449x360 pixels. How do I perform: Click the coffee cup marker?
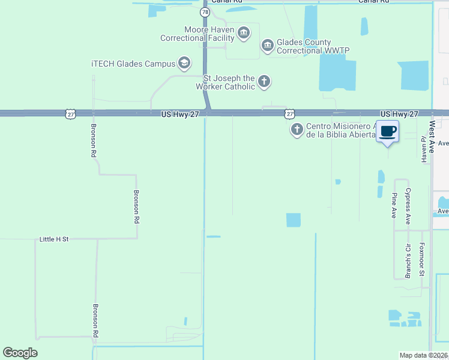click(x=388, y=131)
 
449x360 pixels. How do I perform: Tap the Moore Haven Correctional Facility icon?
click(x=243, y=32)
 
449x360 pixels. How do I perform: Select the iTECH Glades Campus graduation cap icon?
click(x=184, y=63)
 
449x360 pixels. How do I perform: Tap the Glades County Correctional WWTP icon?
click(x=267, y=45)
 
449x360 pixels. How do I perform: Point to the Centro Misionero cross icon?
click(x=296, y=130)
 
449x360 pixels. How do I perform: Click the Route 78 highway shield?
click(x=205, y=12)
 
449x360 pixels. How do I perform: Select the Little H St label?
click(x=54, y=239)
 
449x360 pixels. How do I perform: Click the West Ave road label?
click(x=432, y=136)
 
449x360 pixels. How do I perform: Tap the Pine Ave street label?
click(x=394, y=205)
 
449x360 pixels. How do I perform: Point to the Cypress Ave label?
click(x=408, y=206)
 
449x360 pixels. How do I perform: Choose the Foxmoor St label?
click(x=422, y=259)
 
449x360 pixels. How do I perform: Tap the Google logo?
click(x=20, y=353)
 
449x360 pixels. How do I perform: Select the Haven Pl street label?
click(x=423, y=146)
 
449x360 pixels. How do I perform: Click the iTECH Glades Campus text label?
click(x=133, y=64)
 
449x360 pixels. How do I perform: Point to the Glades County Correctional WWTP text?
click(x=312, y=46)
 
